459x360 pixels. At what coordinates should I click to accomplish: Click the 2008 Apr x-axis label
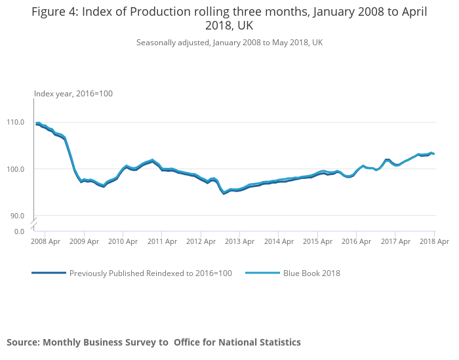pyautogui.click(x=46, y=241)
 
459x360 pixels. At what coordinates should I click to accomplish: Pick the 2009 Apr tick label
pyautogui.click(x=85, y=241)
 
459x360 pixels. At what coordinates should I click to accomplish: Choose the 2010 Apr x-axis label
pyautogui.click(x=123, y=241)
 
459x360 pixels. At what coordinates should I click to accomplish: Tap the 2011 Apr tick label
pyautogui.click(x=162, y=241)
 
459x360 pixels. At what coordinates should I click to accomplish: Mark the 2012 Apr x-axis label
pyautogui.click(x=201, y=241)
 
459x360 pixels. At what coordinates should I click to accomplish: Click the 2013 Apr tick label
pyautogui.click(x=240, y=241)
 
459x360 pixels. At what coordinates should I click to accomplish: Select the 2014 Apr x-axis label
pyautogui.click(x=279, y=241)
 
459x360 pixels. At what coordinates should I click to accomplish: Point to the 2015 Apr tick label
pyautogui.click(x=317, y=241)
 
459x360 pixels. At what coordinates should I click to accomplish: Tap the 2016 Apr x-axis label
pyautogui.click(x=356, y=241)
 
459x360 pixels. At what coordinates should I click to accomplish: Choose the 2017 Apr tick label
pyautogui.click(x=395, y=241)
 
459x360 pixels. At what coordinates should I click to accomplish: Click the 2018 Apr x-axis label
pyautogui.click(x=433, y=241)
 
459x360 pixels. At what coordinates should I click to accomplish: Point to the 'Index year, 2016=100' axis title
pyautogui.click(x=73, y=94)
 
